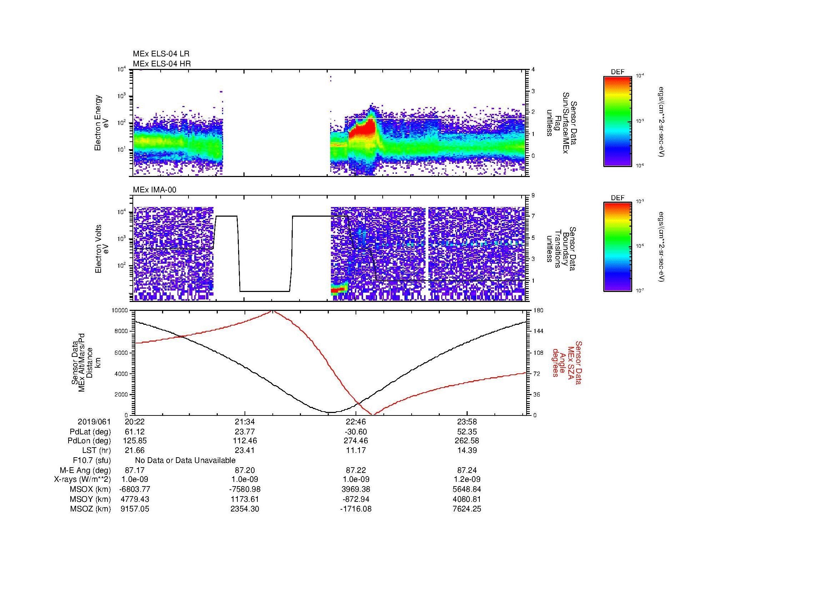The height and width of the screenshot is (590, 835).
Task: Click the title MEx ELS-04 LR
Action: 161,54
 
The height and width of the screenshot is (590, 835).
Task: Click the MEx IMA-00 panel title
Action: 155,190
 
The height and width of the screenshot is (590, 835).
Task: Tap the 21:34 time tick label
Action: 245,422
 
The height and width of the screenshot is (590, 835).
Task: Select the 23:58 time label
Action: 467,422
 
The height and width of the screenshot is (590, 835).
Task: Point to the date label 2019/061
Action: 94,422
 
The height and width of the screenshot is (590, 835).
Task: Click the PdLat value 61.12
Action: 135,432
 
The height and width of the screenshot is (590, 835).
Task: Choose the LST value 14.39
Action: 467,450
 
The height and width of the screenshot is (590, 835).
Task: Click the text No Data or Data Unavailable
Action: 185,460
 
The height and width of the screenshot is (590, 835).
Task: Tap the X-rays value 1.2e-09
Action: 467,479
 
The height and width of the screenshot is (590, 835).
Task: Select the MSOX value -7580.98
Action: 245,489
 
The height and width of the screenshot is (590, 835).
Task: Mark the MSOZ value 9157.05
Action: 135,509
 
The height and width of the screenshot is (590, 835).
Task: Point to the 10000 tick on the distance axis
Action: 120,311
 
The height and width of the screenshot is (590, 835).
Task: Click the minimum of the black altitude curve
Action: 330,412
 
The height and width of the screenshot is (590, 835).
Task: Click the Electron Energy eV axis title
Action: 102,123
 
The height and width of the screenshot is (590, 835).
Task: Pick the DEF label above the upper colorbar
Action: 618,72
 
